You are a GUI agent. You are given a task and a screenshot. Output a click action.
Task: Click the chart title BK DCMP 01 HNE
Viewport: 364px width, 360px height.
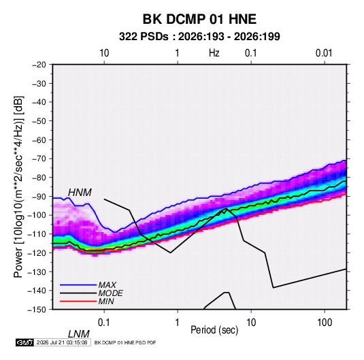(x=199, y=19)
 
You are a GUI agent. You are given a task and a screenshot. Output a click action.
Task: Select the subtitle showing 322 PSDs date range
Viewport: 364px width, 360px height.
(x=199, y=37)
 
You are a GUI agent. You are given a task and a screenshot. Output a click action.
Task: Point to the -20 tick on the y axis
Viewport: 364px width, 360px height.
(x=39, y=65)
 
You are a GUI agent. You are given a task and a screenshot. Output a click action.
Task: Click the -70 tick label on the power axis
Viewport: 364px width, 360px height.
(x=39, y=159)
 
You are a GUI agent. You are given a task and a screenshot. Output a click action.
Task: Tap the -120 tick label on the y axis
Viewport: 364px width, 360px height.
(x=37, y=252)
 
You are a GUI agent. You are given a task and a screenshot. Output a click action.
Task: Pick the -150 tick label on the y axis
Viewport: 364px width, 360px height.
(x=37, y=310)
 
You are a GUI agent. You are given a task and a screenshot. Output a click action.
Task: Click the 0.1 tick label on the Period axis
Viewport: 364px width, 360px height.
(x=104, y=323)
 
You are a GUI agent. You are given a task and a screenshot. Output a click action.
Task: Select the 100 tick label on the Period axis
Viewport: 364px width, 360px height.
(x=325, y=323)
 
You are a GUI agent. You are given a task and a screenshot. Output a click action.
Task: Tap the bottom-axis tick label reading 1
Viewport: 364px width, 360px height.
(x=178, y=323)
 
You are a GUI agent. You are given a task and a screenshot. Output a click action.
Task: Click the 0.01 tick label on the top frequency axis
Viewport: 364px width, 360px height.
(x=324, y=53)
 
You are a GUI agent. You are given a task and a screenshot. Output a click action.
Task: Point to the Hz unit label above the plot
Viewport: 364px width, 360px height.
(x=214, y=53)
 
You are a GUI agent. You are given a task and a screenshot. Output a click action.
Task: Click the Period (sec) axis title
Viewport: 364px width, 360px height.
(x=214, y=330)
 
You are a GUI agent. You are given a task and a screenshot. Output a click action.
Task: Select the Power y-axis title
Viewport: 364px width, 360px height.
(x=18, y=187)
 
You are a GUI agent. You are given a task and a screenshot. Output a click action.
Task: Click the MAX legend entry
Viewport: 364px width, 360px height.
(x=107, y=285)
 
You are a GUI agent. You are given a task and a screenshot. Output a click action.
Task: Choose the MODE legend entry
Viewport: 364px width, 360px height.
(x=110, y=293)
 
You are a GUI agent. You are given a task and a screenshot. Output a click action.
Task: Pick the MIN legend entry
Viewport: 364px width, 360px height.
(x=106, y=301)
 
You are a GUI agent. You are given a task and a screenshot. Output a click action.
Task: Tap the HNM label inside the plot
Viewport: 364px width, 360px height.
(x=80, y=193)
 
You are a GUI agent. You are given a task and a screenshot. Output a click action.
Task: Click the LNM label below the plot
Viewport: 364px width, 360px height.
(x=78, y=334)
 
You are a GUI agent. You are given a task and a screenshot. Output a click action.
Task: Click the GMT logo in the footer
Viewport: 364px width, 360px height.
(x=24, y=342)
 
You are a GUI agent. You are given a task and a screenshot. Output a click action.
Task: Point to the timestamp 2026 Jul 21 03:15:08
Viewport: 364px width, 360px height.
(x=62, y=342)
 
